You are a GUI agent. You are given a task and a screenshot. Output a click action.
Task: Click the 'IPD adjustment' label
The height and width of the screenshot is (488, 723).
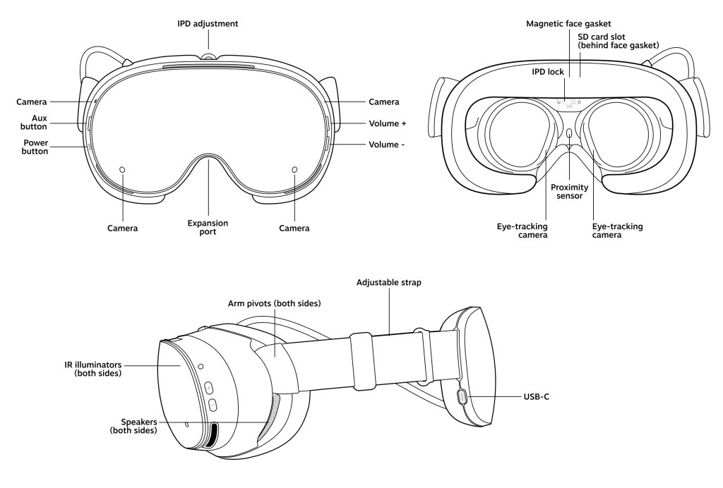208,23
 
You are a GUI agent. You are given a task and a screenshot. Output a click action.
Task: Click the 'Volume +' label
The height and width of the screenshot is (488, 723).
388,123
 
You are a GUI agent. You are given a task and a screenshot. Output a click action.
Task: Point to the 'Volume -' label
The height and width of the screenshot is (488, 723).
387,145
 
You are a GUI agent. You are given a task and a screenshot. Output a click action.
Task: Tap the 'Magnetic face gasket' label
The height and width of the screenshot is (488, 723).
569,23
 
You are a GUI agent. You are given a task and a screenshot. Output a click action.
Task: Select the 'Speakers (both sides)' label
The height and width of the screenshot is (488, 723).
133,425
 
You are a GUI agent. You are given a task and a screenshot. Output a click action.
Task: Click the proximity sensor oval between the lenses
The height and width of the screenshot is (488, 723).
569,133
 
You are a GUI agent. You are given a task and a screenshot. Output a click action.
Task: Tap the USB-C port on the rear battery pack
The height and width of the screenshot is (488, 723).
462,397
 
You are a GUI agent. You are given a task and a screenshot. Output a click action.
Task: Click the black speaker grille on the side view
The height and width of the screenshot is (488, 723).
211,436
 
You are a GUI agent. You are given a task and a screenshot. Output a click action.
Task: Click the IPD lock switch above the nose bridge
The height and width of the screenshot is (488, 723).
569,102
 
